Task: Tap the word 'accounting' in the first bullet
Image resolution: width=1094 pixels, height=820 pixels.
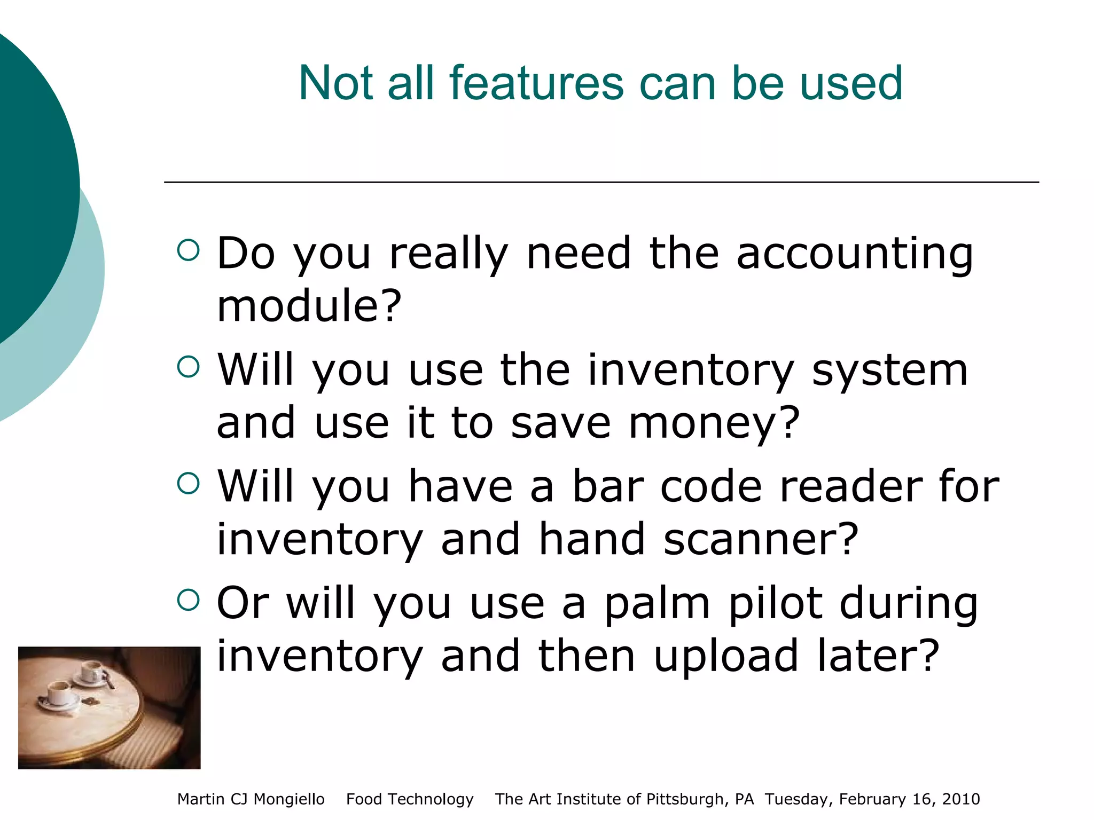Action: click(855, 254)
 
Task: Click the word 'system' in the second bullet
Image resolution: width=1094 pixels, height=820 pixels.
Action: click(889, 371)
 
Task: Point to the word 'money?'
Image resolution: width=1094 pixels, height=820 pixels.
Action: click(714, 423)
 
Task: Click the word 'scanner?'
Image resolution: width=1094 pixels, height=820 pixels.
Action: click(761, 540)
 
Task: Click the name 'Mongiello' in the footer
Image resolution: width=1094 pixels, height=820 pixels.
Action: click(288, 799)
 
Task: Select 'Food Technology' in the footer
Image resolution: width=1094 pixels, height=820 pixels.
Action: click(410, 799)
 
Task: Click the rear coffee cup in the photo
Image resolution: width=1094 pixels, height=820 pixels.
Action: click(92, 672)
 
